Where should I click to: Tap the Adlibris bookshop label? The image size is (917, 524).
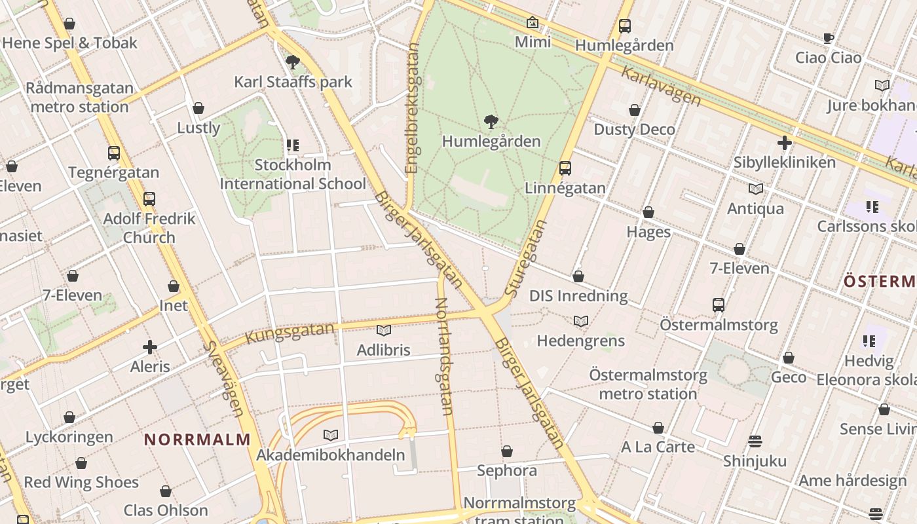(x=383, y=350)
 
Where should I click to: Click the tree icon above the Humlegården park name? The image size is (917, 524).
(x=491, y=122)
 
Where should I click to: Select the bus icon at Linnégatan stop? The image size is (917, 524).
(x=565, y=168)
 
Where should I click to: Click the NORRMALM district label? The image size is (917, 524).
(x=197, y=440)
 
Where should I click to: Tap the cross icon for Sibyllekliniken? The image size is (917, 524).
(x=784, y=143)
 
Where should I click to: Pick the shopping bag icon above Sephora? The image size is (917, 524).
(x=506, y=451)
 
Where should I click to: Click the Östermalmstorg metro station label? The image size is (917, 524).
(x=648, y=384)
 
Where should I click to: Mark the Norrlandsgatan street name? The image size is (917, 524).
(x=443, y=356)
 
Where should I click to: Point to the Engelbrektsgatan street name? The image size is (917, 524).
(x=411, y=108)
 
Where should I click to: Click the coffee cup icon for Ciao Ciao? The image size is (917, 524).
(x=828, y=38)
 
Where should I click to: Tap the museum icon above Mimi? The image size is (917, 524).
(x=533, y=23)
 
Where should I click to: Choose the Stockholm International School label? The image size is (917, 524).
(x=292, y=174)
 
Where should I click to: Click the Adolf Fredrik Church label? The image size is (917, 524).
(x=149, y=227)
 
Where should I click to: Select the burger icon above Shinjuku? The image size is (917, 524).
(x=755, y=441)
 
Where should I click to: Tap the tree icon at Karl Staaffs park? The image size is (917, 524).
(x=293, y=62)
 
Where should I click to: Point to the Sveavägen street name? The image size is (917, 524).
(x=223, y=379)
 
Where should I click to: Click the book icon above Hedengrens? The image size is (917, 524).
(x=580, y=321)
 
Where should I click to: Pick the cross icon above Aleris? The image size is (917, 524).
(x=150, y=347)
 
